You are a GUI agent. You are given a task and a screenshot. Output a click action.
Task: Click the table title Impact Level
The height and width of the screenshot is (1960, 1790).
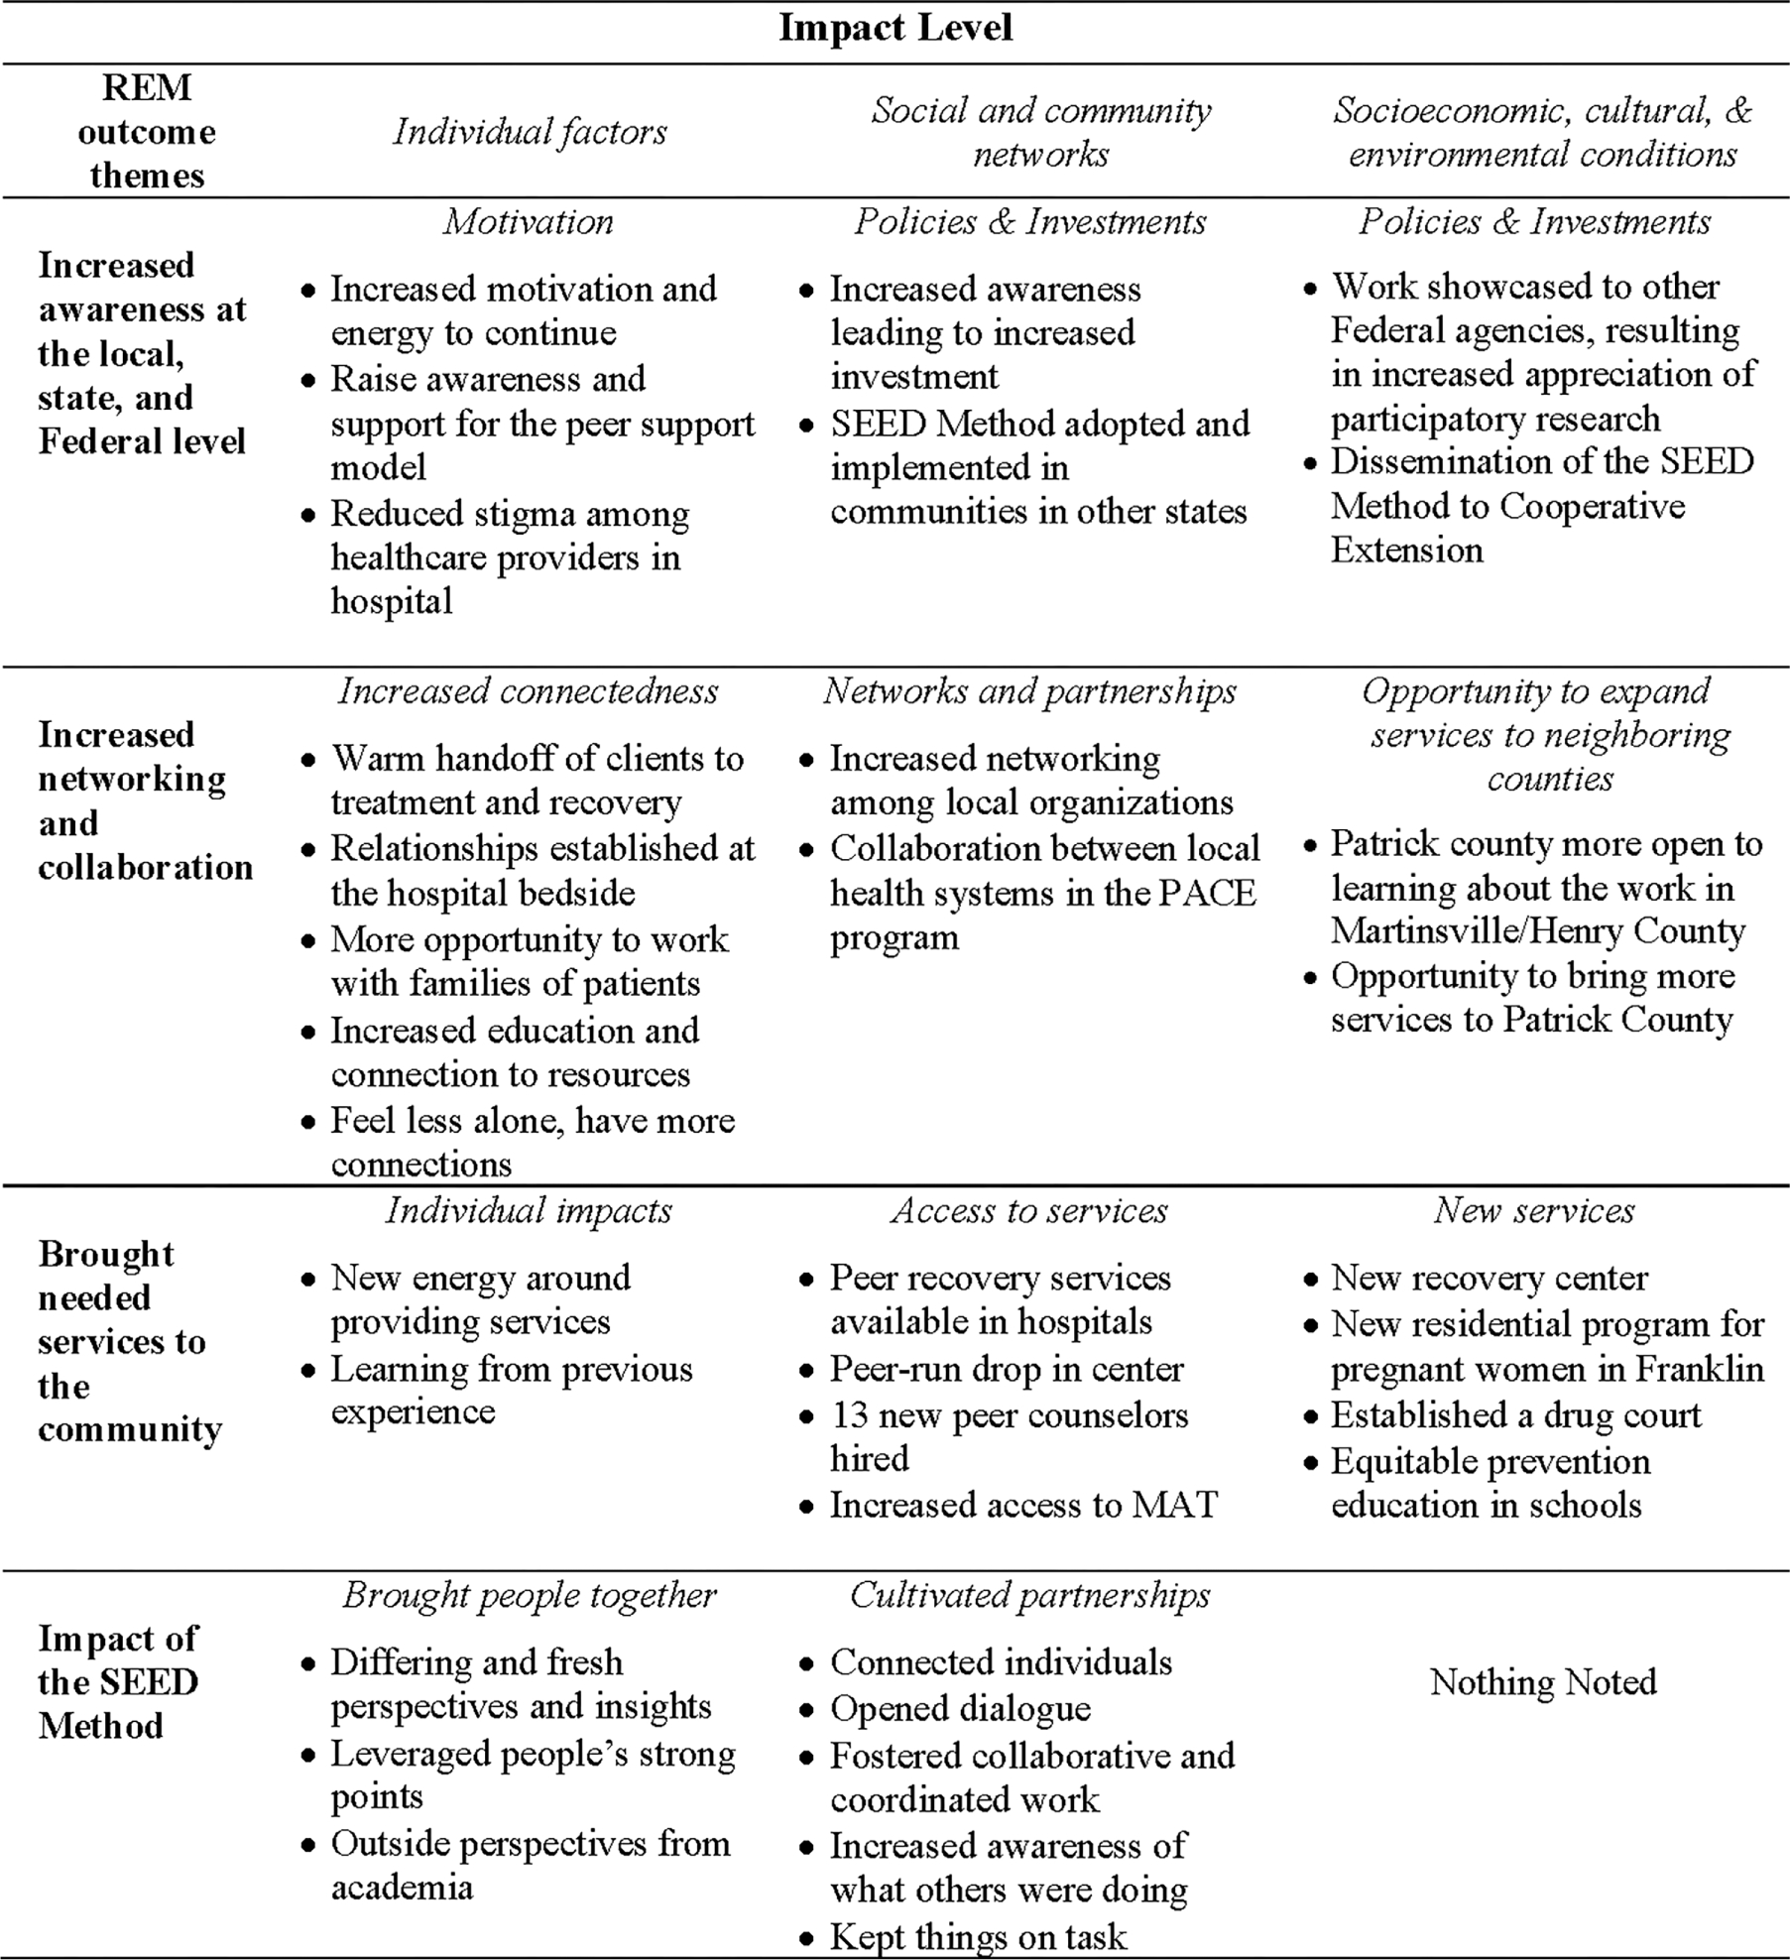click(x=895, y=28)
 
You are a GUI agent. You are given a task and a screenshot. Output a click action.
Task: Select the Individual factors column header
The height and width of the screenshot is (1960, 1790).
click(x=530, y=132)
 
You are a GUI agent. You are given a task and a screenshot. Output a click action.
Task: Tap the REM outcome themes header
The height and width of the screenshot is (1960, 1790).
click(x=147, y=132)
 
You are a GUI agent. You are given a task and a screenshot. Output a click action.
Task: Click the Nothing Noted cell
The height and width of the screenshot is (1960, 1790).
click(x=1543, y=1681)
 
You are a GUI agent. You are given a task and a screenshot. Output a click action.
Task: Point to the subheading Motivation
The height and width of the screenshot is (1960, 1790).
click(x=529, y=221)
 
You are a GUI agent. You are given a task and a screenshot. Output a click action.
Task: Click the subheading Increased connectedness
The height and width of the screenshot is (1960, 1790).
click(x=529, y=690)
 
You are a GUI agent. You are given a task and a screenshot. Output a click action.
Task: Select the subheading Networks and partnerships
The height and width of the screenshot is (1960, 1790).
click(x=1030, y=690)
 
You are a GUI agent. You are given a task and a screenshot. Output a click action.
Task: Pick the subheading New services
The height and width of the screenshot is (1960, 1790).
click(x=1534, y=1210)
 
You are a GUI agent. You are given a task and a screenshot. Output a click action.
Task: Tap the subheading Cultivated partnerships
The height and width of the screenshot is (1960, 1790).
click(x=1030, y=1595)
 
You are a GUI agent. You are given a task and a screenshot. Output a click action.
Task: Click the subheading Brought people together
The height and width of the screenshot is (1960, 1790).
click(x=529, y=1595)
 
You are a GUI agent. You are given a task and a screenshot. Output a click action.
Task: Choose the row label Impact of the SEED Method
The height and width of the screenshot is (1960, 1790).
click(x=119, y=1682)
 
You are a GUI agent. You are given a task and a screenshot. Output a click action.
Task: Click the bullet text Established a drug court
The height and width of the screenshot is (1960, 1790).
click(x=1515, y=1415)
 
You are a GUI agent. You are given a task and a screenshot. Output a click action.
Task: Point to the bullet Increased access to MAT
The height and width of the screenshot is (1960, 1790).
click(x=1023, y=1505)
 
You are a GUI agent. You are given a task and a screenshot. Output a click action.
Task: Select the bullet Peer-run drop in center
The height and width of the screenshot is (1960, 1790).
click(x=1007, y=1369)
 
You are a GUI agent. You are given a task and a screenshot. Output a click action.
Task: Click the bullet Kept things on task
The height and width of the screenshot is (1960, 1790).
click(x=978, y=1936)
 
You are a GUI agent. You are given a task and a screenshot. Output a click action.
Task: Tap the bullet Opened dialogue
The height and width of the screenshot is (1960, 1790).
click(x=960, y=1708)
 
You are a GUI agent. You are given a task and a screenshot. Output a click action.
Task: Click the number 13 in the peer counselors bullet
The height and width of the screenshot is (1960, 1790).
click(x=849, y=1415)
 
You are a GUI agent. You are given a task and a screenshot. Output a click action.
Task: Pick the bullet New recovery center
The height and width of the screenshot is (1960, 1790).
click(x=1489, y=1278)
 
